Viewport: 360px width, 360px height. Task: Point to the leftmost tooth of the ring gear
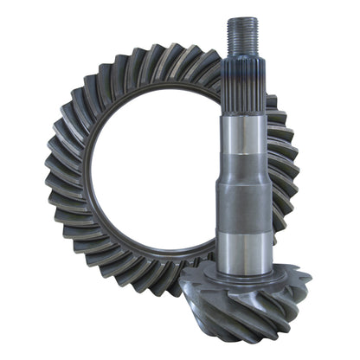click(x=54, y=173)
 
